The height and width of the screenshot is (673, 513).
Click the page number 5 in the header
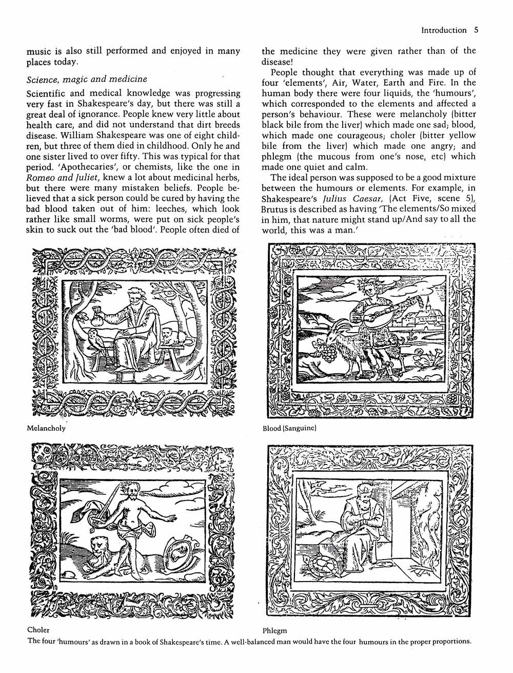(476, 30)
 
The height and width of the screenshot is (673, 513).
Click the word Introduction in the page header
(443, 30)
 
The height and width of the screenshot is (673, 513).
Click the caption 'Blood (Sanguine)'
(289, 428)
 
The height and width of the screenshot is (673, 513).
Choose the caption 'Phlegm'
(274, 630)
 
